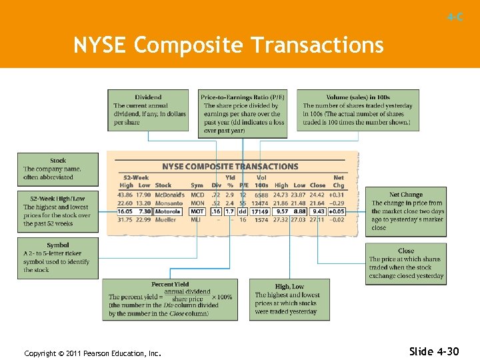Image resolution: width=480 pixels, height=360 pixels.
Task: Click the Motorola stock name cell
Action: click(169, 211)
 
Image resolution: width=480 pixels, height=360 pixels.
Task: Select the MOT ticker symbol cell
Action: click(197, 211)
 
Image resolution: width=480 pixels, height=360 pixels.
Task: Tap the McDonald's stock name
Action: click(169, 194)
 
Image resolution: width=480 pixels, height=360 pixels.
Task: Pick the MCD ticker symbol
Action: click(197, 194)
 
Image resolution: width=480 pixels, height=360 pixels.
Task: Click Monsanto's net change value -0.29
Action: click(337, 203)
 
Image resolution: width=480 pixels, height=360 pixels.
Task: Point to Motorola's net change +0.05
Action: click(337, 211)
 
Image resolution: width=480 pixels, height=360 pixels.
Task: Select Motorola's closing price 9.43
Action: click(318, 211)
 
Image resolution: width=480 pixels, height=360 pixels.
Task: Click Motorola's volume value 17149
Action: click(260, 211)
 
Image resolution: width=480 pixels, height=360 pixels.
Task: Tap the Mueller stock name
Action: click(166, 219)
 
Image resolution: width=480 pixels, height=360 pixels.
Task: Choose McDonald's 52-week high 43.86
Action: click(125, 194)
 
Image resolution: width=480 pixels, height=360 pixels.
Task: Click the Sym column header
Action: click(197, 185)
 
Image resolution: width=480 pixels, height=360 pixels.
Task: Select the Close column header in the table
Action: click(318, 185)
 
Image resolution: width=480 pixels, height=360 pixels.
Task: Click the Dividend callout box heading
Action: click(148, 97)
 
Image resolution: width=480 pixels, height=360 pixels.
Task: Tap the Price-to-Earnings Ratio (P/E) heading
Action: click(243, 97)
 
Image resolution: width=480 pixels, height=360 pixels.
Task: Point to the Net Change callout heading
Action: click(406, 195)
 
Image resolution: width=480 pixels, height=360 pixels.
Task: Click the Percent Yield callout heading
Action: click(171, 285)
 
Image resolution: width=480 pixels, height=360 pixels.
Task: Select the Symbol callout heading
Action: click(58, 245)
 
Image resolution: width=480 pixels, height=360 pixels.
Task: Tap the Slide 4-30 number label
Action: click(434, 351)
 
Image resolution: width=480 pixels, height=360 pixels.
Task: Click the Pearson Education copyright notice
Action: click(93, 353)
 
